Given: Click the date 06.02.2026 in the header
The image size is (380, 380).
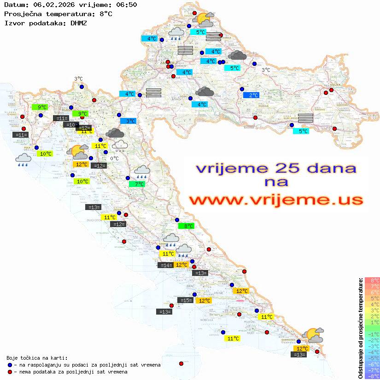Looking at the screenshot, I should [x=48, y=5].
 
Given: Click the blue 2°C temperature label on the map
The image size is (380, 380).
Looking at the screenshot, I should [x=251, y=95].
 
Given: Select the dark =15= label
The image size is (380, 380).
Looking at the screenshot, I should [x=185, y=300].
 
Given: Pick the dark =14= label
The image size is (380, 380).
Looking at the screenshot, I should [x=165, y=265].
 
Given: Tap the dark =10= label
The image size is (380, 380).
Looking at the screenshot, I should [x=71, y=124].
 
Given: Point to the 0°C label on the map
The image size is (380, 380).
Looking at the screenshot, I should [x=114, y=158].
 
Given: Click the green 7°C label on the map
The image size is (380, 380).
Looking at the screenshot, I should [x=137, y=184].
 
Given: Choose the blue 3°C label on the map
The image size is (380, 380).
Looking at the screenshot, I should [x=128, y=121].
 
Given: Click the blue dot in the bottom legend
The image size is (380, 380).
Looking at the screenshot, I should [x=10, y=365].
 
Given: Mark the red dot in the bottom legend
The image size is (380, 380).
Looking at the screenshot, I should [x=10, y=372].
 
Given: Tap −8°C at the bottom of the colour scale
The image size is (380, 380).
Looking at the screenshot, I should [x=372, y=376].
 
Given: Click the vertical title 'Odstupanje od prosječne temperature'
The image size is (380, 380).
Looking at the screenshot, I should [x=361, y=327].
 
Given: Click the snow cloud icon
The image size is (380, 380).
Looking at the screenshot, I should [x=120, y=146].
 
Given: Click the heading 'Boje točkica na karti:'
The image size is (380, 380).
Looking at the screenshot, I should [x=37, y=358].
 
